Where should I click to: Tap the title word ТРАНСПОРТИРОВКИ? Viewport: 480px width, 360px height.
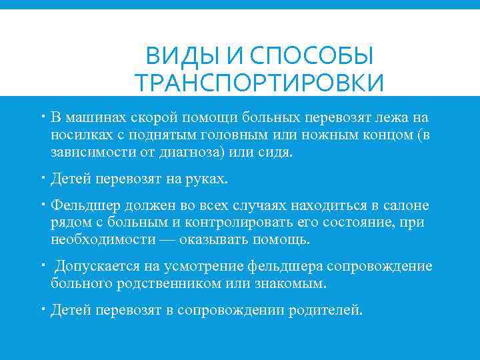coord(259,84)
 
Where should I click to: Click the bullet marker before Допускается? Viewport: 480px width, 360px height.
coord(41,265)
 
